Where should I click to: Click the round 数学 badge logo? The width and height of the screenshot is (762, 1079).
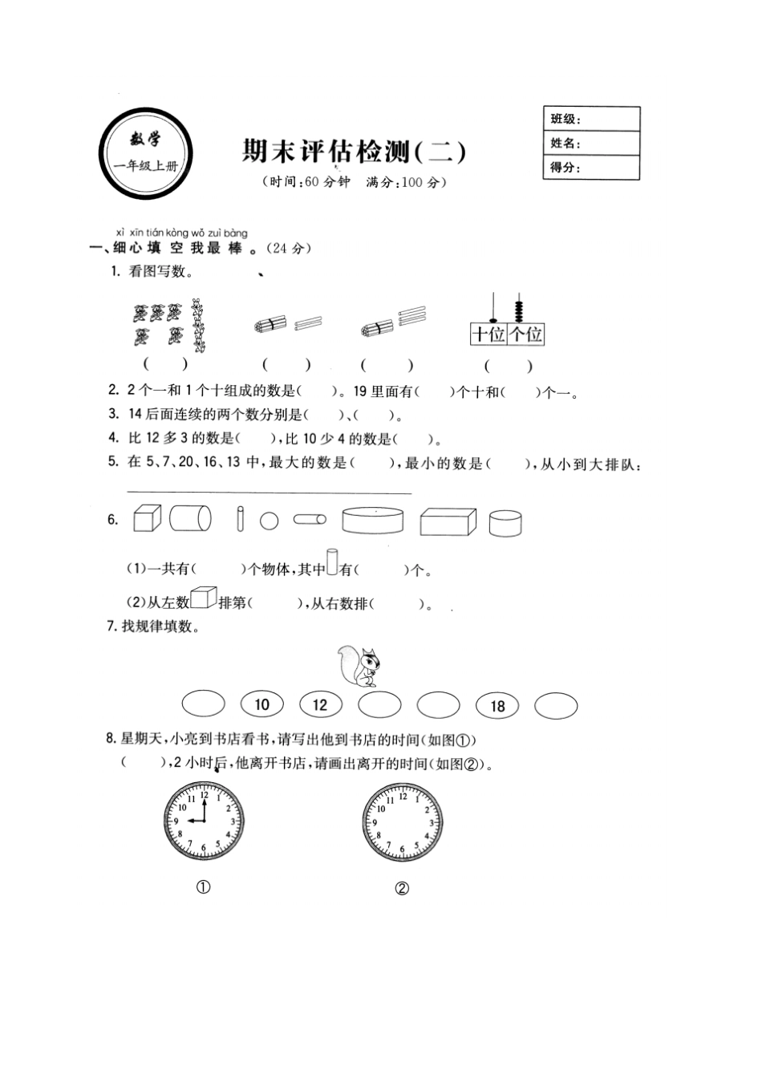pyautogui.click(x=145, y=152)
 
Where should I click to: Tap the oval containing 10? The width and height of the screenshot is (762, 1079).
pyautogui.click(x=262, y=704)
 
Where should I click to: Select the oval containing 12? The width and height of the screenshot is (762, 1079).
pyautogui.click(x=320, y=704)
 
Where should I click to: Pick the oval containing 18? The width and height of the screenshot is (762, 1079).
pyautogui.click(x=497, y=705)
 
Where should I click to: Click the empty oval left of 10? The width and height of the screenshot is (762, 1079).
pyautogui.click(x=204, y=704)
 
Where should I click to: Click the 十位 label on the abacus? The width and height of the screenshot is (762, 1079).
pyautogui.click(x=488, y=334)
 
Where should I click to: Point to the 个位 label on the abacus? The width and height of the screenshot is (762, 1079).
pyautogui.click(x=526, y=334)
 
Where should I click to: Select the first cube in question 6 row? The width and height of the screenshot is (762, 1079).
pyautogui.click(x=147, y=518)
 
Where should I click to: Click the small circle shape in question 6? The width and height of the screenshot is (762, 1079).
pyautogui.click(x=270, y=521)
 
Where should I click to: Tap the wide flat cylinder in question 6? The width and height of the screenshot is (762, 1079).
pyautogui.click(x=372, y=519)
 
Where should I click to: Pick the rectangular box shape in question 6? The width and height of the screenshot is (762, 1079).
pyautogui.click(x=448, y=521)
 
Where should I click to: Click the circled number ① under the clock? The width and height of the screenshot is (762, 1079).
pyautogui.click(x=203, y=887)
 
